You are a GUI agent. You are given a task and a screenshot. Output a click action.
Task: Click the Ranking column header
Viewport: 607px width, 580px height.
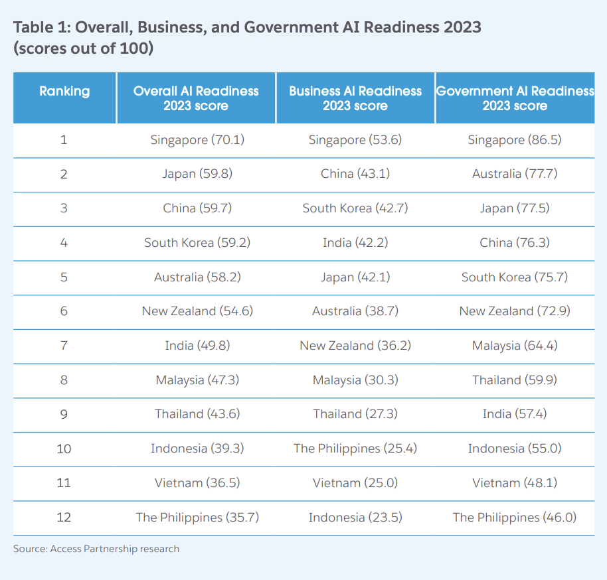64,92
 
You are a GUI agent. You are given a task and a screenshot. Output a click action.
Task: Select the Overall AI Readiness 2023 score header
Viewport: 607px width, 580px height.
196,98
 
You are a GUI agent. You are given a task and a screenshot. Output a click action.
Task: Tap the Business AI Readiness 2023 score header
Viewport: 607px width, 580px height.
355,98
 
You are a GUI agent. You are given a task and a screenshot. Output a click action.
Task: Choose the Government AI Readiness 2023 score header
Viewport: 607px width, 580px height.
515,98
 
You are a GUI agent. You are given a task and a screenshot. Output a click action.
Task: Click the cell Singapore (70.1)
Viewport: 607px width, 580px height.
197,140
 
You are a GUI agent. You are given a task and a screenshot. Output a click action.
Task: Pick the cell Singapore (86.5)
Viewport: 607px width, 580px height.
515,140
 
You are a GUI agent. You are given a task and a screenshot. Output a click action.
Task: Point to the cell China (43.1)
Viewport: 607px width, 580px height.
355,174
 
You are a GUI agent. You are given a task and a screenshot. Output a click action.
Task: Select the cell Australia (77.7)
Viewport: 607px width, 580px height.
515,174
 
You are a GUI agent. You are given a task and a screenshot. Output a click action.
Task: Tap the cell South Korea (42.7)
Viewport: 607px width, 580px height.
355,208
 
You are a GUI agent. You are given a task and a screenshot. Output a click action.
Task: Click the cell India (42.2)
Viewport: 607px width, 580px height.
355,243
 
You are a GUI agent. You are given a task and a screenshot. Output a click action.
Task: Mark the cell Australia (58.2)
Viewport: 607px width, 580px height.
197,277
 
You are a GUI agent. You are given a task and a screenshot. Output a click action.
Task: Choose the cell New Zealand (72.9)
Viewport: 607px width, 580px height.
515,311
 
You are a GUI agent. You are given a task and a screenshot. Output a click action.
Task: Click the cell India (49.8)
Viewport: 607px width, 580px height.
197,346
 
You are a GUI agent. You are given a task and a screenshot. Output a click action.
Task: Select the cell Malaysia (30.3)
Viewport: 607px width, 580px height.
355,380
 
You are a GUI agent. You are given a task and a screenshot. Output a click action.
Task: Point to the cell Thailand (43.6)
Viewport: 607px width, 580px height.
197,414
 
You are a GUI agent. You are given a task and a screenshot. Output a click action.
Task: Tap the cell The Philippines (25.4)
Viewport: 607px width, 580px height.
355,449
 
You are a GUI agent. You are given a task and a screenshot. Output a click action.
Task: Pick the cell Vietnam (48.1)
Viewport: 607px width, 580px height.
515,483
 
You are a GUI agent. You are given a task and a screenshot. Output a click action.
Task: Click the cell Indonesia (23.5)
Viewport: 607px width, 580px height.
355,518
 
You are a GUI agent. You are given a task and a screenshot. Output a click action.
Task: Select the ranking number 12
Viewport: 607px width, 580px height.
64,518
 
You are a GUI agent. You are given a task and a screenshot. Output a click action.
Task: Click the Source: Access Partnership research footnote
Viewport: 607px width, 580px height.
96,549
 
